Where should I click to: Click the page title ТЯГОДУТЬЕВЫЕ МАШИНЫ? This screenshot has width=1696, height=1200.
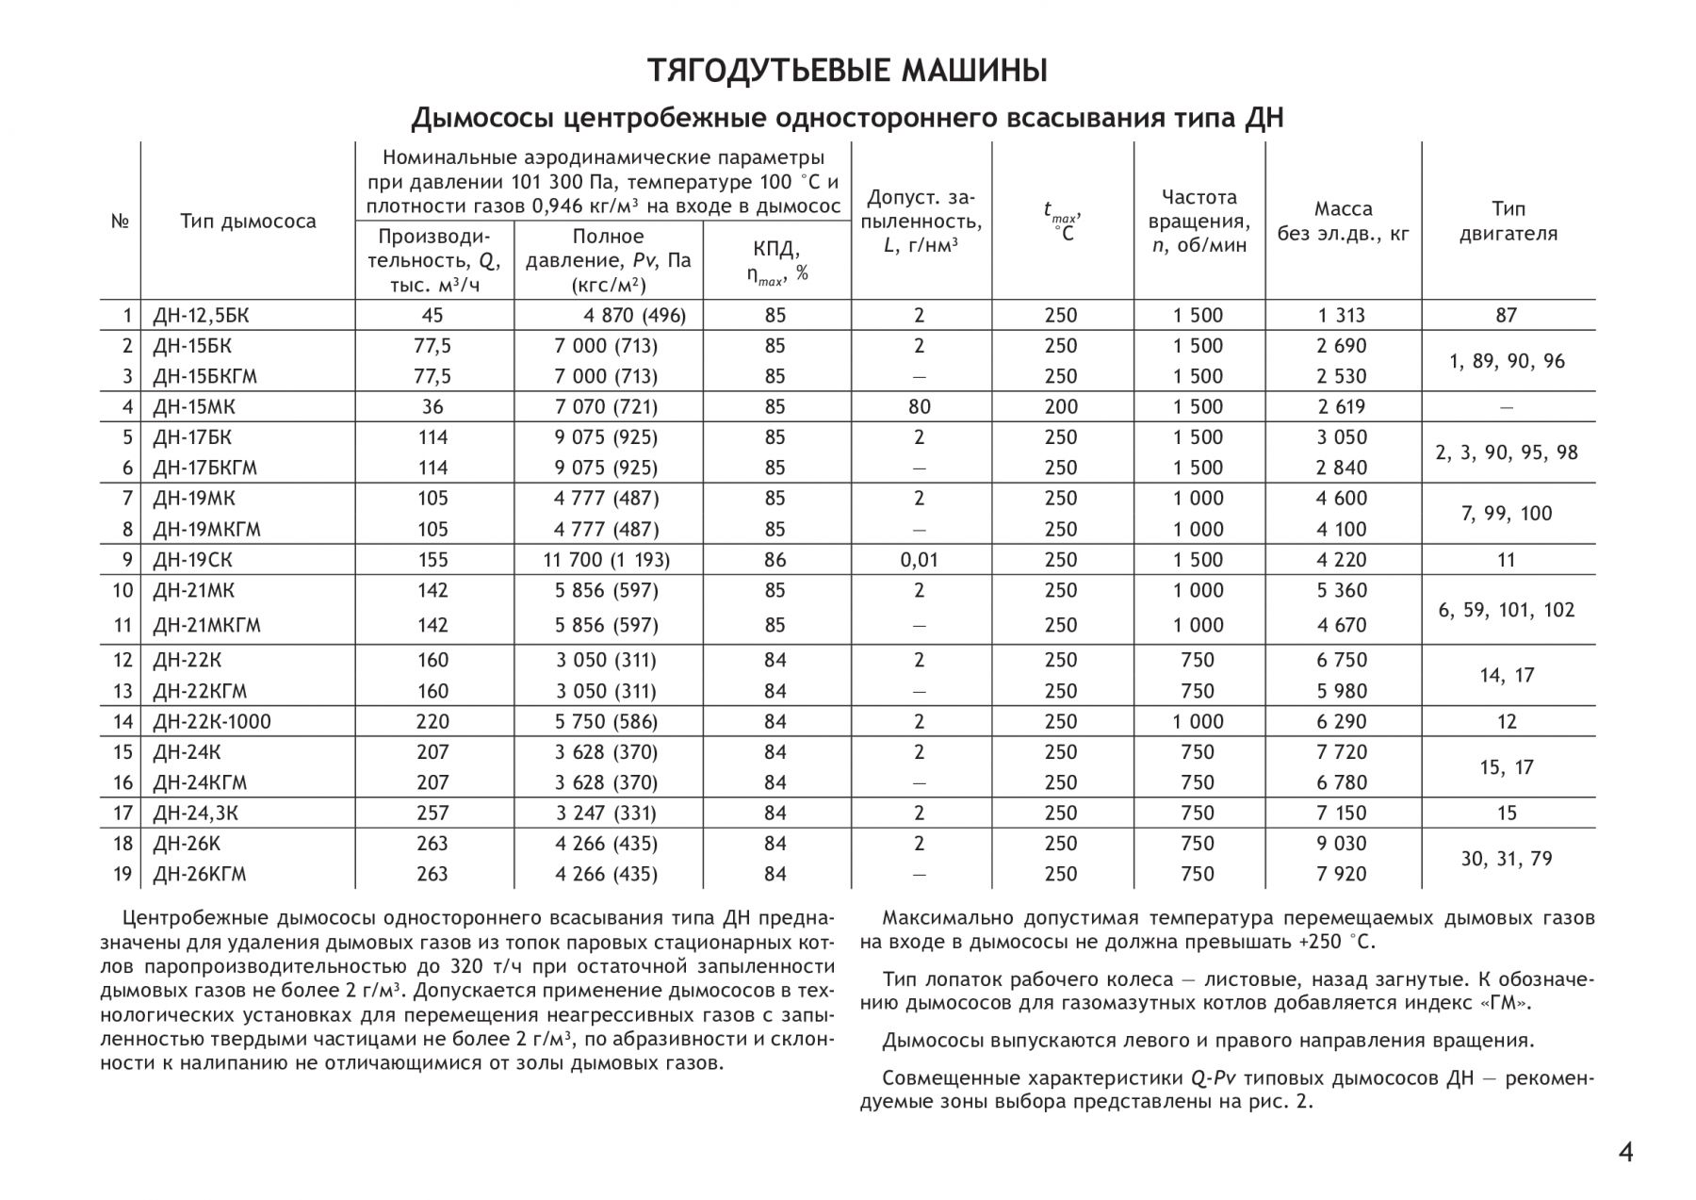[847, 71]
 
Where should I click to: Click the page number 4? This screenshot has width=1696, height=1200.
[1625, 1152]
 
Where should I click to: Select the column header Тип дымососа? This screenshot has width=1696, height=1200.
[248, 222]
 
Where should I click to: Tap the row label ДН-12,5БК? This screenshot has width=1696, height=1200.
[200, 316]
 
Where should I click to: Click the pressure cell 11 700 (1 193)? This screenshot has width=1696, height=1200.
[607, 560]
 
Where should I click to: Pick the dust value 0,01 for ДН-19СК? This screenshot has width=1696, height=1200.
[920, 560]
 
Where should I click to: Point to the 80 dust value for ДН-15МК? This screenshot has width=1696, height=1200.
[920, 407]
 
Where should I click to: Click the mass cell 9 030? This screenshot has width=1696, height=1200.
[1342, 844]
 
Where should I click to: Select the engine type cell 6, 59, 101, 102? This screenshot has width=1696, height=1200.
[1507, 610]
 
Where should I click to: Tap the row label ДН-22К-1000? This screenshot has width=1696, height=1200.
[212, 722]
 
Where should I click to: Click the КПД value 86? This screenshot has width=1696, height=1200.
[775, 560]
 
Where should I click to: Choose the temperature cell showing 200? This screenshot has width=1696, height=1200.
[1061, 407]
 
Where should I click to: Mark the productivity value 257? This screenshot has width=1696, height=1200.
[432, 814]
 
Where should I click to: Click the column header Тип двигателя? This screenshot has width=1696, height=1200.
[1508, 222]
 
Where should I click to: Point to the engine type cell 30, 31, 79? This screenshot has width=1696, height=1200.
[1507, 859]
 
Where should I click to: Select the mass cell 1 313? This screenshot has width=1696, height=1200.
[1342, 316]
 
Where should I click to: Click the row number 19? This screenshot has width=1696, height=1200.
[122, 875]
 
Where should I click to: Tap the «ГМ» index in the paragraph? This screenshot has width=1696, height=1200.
[1506, 1003]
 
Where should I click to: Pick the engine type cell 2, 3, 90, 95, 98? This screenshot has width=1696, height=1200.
[1507, 452]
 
